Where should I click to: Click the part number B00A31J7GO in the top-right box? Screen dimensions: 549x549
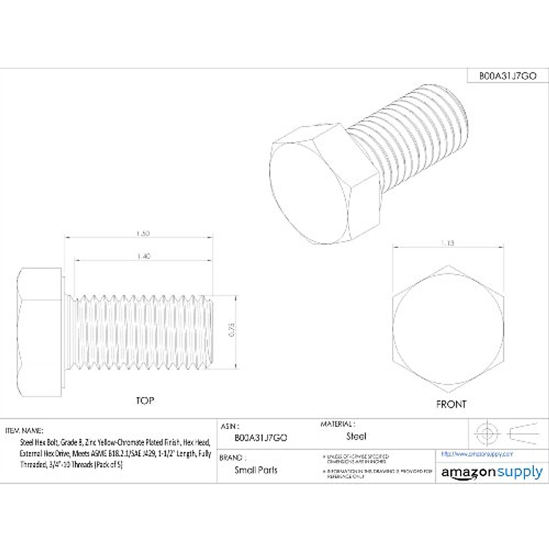coord(507,76)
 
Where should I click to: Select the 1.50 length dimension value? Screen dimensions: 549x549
coord(143,233)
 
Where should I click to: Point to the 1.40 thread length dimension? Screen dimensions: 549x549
coord(143,257)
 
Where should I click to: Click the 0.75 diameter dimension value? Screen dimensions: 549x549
coord(231,331)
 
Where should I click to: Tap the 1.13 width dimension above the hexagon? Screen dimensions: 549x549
coord(448,243)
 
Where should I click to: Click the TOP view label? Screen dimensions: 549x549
coord(145,401)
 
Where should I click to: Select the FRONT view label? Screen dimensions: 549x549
coord(451,404)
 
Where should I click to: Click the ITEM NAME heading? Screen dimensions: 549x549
coord(24,431)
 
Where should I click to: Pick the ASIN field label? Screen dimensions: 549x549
coord(230,426)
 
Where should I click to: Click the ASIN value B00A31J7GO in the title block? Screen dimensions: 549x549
coord(261,438)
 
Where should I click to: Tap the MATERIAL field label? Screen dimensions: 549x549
coord(338,425)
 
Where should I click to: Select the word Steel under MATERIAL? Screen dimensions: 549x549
coord(356,436)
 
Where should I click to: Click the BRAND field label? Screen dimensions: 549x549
coord(232,457)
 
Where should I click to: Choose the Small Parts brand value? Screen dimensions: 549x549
coord(256,470)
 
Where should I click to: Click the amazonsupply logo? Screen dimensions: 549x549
coord(492,473)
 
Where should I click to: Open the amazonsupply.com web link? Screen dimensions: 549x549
coord(477,454)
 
